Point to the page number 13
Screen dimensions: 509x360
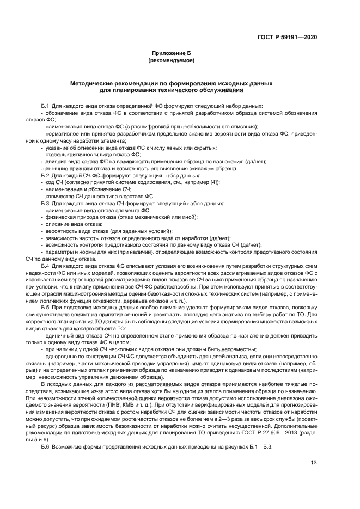[314, 464]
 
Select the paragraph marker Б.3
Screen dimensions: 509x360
[45, 203]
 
